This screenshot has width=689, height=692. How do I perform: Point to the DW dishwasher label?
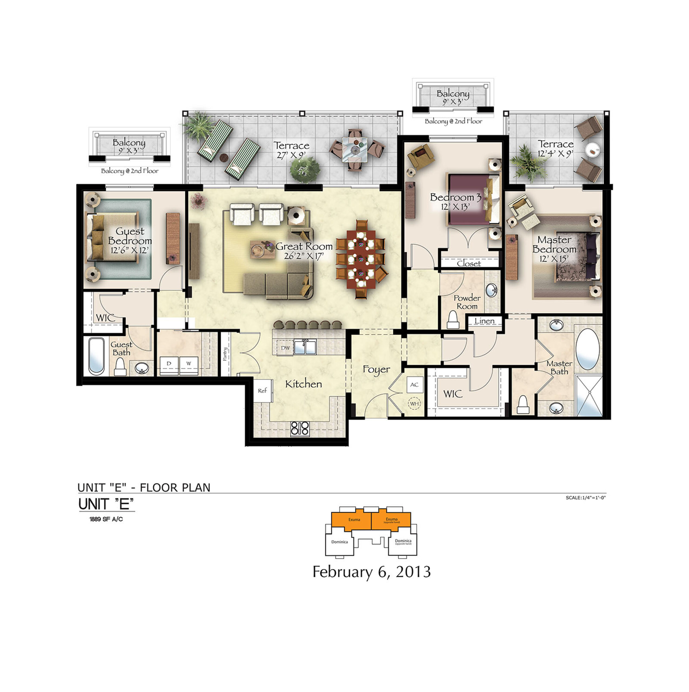285,348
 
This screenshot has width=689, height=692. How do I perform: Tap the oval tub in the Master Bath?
588,349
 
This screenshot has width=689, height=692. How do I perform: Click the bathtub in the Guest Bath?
96,356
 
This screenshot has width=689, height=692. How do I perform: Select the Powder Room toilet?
453,320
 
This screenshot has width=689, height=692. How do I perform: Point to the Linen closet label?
484,321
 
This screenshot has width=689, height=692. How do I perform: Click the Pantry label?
225,354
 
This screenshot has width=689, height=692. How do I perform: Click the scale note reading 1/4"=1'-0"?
586,497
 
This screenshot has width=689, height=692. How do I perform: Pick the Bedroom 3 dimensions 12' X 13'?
455,207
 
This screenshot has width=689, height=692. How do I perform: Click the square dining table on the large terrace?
354,149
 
